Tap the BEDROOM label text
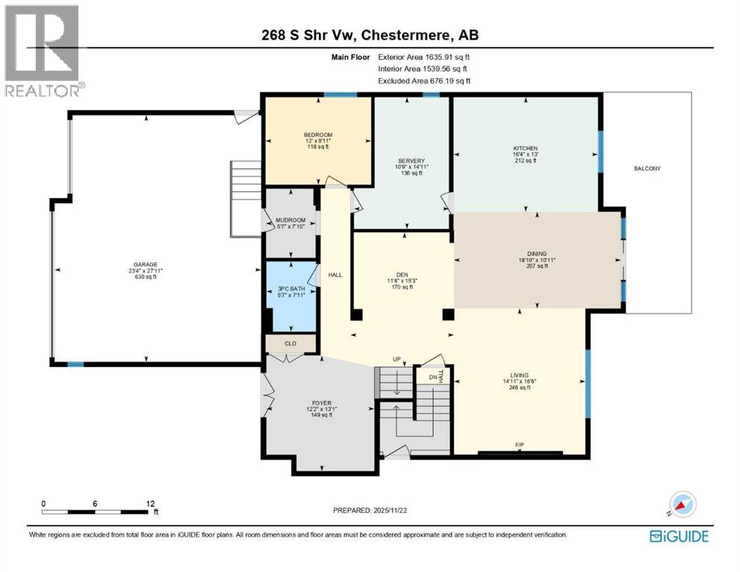point(317,134)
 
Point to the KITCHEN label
point(525,148)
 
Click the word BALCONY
point(647,168)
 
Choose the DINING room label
point(537,253)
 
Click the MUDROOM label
point(291,220)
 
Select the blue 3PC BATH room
point(291,296)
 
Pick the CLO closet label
point(291,343)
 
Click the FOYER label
point(321,403)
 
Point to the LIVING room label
point(519,375)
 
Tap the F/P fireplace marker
point(519,445)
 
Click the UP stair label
point(397,359)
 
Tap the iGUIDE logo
point(678,536)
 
